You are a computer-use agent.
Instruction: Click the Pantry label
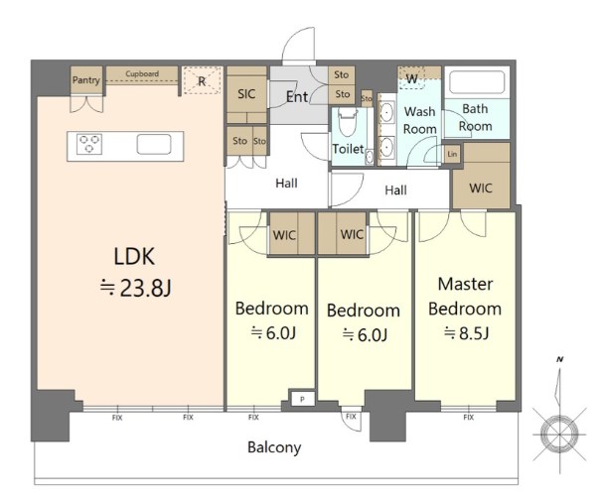[85, 80]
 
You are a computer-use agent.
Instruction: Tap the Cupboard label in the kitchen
[142, 73]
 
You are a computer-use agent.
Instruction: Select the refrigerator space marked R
[203, 80]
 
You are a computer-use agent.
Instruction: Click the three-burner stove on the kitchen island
[89, 144]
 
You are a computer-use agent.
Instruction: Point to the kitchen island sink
[154, 144]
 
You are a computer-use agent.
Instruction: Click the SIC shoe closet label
[246, 94]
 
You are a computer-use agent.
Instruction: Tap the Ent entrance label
[297, 97]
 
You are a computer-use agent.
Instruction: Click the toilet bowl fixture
[348, 122]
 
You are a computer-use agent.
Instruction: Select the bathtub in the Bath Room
[477, 82]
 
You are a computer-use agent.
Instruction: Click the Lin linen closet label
[452, 154]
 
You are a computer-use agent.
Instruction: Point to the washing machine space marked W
[411, 78]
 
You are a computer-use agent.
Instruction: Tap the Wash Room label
[419, 120]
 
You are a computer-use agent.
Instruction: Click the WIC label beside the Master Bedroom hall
[481, 188]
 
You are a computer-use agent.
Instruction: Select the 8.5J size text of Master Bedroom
[467, 333]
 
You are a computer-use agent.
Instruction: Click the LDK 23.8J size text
[135, 288]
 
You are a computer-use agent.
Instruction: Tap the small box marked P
[302, 399]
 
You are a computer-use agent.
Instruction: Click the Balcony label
[274, 447]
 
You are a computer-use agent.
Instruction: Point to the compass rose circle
[559, 435]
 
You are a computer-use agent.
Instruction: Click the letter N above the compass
[560, 359]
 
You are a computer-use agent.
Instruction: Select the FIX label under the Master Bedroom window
[468, 417]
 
